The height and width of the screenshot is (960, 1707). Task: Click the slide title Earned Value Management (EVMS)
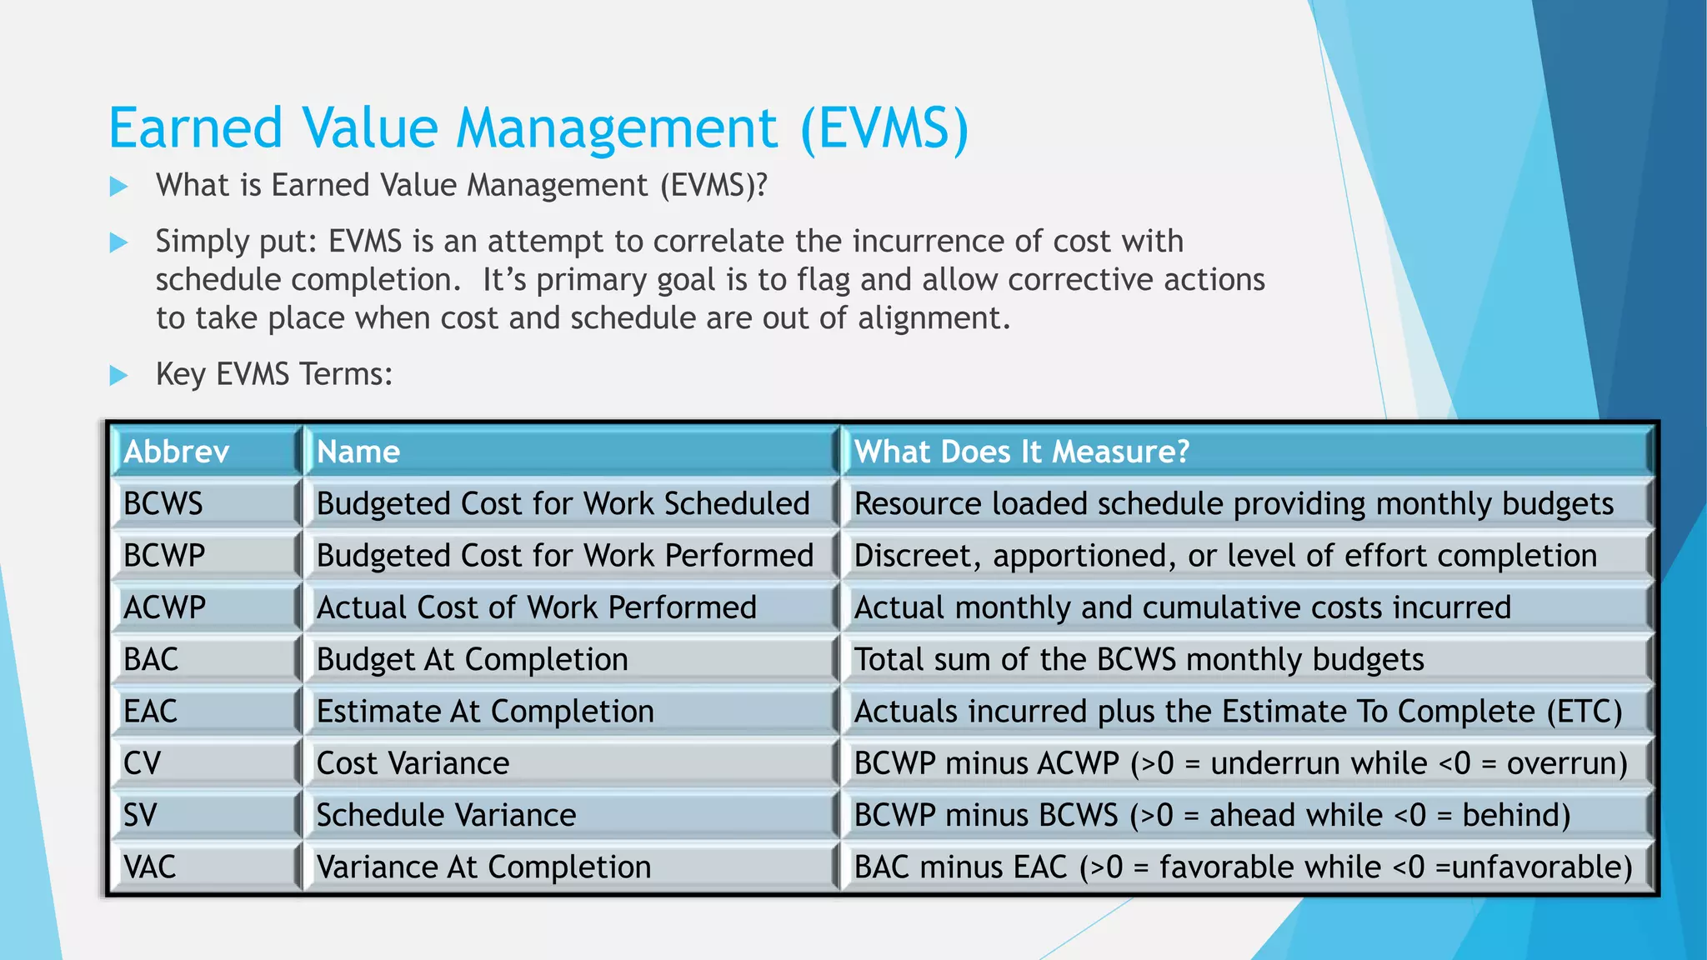(x=538, y=129)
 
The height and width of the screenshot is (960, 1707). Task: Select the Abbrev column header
(x=205, y=452)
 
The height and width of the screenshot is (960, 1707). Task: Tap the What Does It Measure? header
(x=1245, y=452)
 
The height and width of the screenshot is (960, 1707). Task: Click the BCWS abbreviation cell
(x=205, y=503)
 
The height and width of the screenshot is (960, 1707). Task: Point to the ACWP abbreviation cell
(x=205, y=607)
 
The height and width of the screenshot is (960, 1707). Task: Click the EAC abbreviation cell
(x=205, y=712)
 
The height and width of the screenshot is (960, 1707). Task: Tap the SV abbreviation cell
(x=205, y=815)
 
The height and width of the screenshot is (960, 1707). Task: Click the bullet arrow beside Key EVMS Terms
(x=119, y=375)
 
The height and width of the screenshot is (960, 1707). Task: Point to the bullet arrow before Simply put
(x=119, y=243)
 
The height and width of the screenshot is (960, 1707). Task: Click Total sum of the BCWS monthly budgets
(x=1139, y=659)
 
